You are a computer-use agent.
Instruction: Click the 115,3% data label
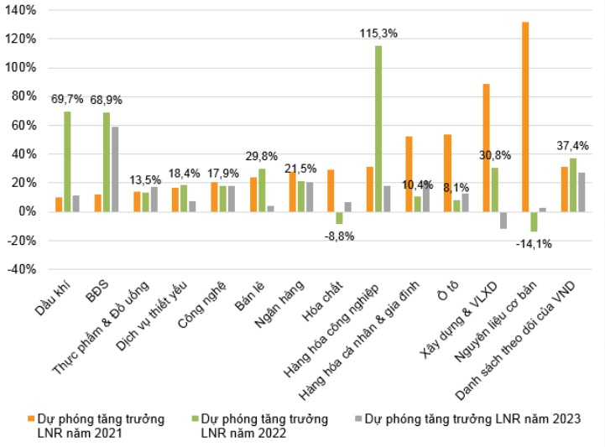click(378, 34)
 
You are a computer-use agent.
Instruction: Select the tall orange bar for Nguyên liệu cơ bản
click(525, 117)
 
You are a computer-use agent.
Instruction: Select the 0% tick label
click(24, 211)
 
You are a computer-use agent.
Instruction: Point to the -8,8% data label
click(340, 236)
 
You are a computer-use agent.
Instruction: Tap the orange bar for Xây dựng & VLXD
click(487, 148)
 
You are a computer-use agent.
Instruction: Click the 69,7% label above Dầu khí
click(67, 99)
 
